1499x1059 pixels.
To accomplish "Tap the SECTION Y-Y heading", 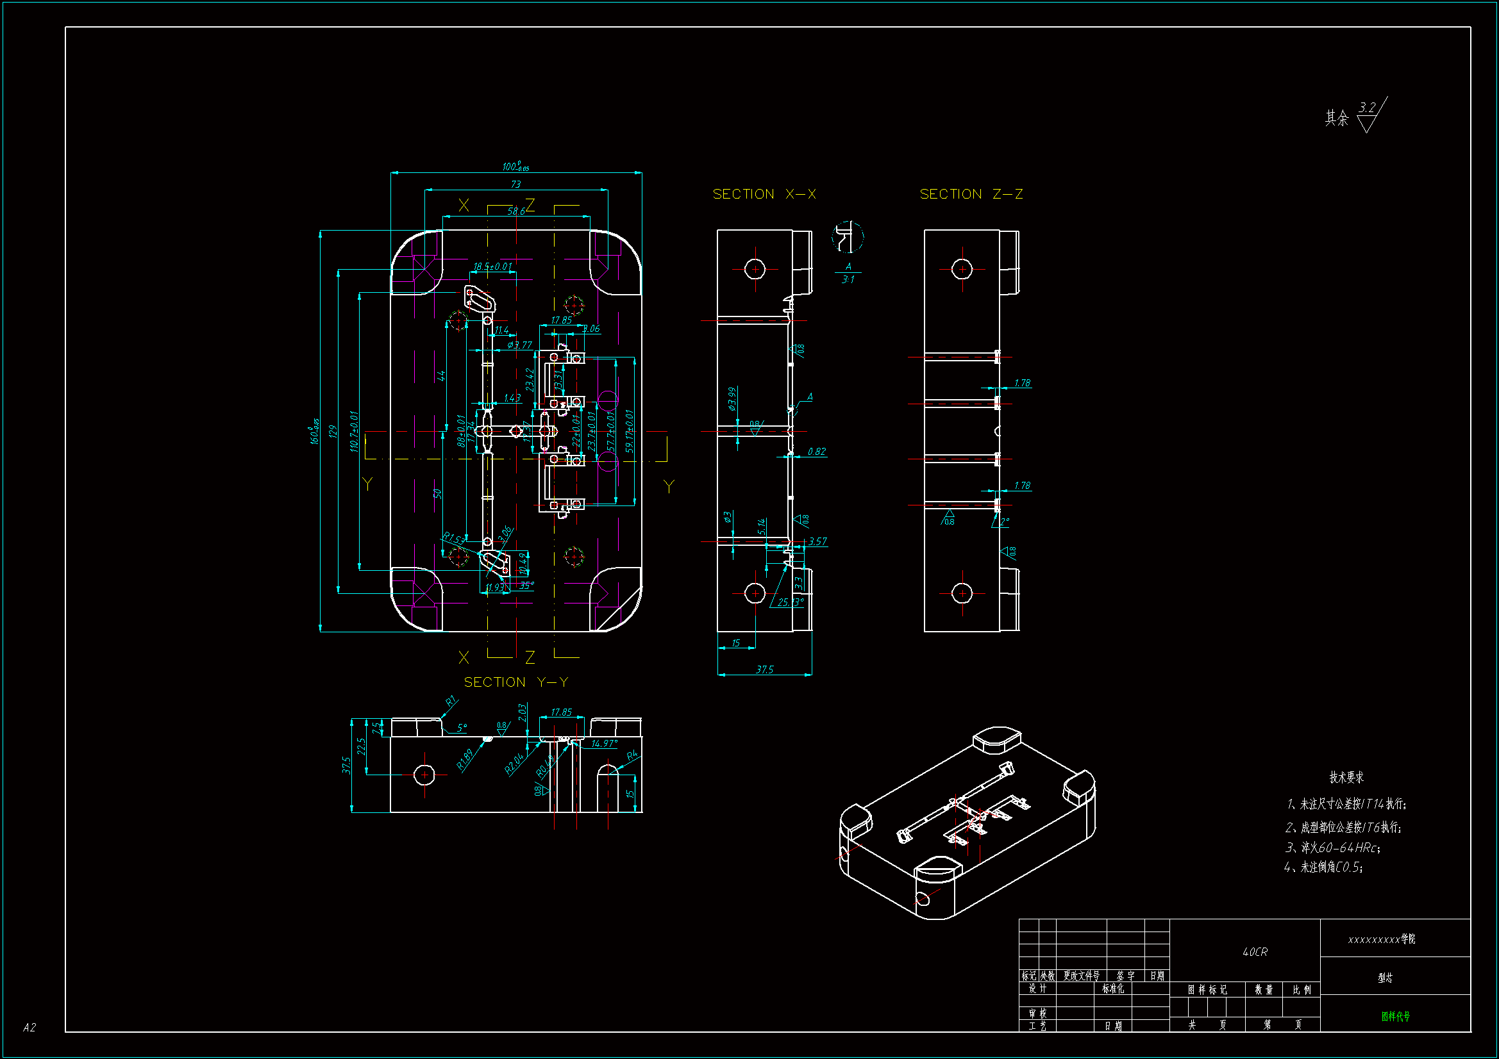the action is click(x=515, y=682).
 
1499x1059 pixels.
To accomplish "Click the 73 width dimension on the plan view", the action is click(x=515, y=185).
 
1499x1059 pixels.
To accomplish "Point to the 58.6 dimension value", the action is click(x=515, y=211).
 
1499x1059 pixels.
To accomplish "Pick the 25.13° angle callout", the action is click(x=789, y=602).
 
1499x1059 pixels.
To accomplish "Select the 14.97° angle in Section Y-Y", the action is click(x=604, y=743).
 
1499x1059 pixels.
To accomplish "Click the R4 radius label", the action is click(x=632, y=755).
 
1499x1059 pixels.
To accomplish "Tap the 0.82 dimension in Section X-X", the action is click(x=816, y=452).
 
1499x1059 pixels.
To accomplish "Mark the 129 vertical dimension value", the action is click(x=333, y=431).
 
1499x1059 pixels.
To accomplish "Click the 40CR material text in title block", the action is click(x=1255, y=952).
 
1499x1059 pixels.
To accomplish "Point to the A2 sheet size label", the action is click(x=29, y=1028).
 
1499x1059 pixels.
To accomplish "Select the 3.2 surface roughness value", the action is click(x=1367, y=108).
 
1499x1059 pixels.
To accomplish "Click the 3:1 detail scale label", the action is click(x=848, y=279).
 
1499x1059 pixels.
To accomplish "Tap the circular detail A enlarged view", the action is click(x=848, y=237).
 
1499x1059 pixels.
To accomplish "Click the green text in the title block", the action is click(x=1395, y=1016).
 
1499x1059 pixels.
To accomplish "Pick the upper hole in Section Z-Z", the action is click(x=962, y=269).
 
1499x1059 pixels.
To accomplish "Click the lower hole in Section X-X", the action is click(x=755, y=593).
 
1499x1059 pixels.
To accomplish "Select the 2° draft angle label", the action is click(x=1004, y=521).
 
